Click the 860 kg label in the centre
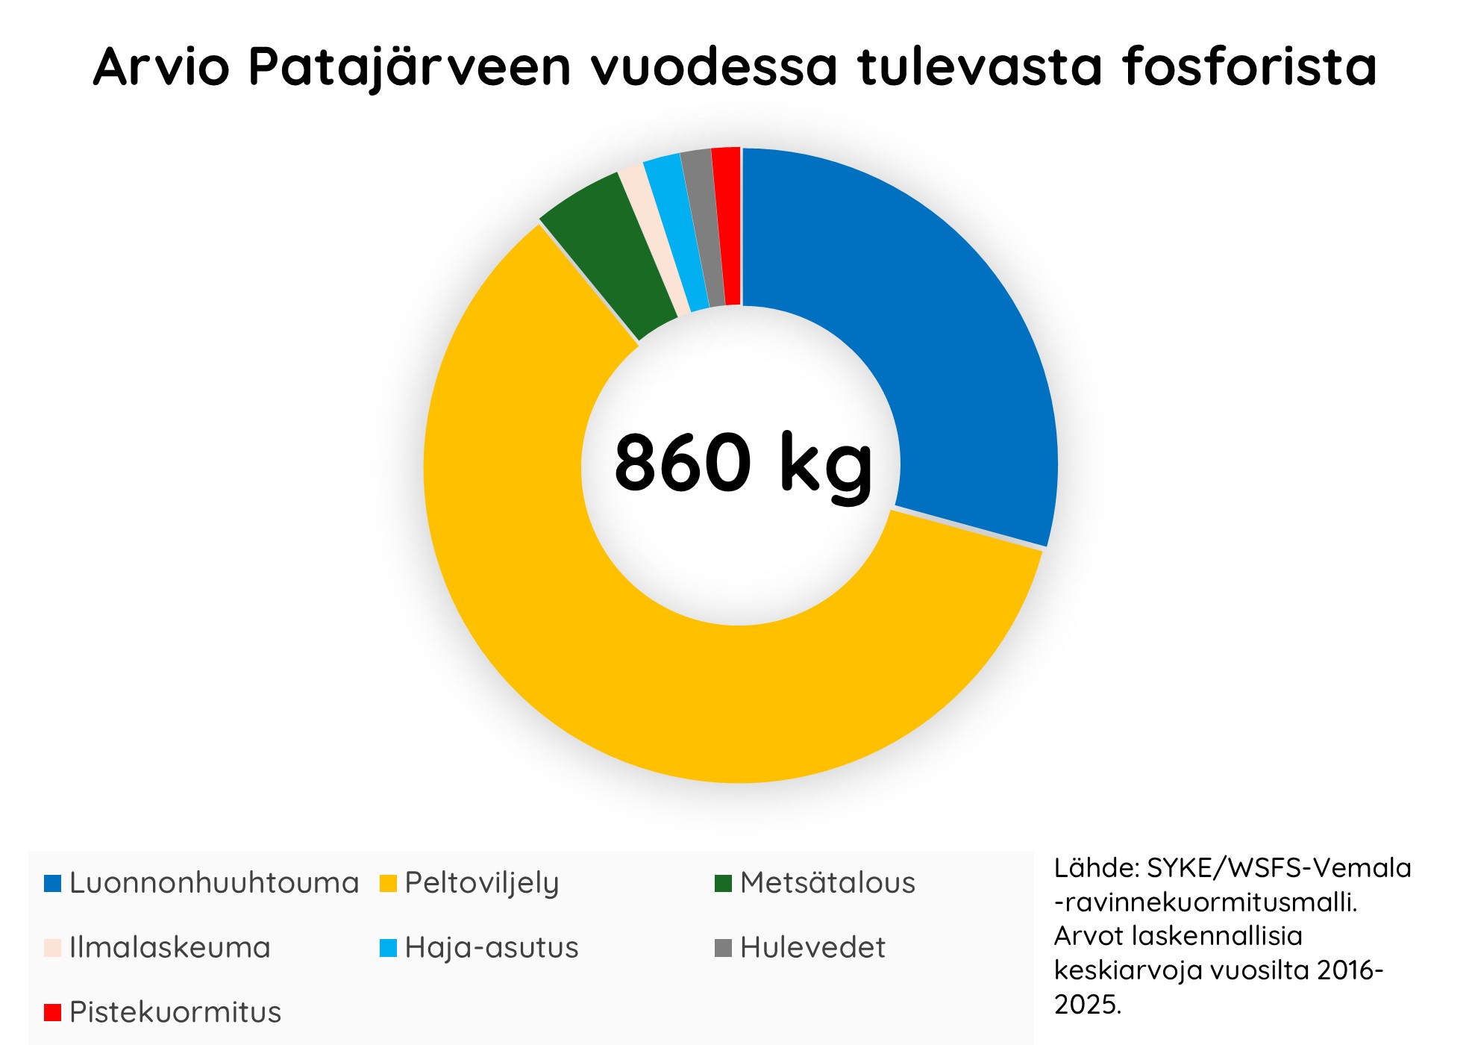pyautogui.click(x=742, y=463)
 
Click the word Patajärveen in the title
pyautogui.click(x=410, y=67)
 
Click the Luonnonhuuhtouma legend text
pyautogui.click(x=214, y=883)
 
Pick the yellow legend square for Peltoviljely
pyautogui.click(x=388, y=884)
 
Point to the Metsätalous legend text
pyautogui.click(x=827, y=883)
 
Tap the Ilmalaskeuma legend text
pyautogui.click(x=169, y=948)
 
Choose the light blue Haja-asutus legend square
pyautogui.click(x=388, y=948)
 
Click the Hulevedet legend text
pyautogui.click(x=812, y=948)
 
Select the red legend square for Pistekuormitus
pyautogui.click(x=52, y=1013)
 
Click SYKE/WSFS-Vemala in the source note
pyautogui.click(x=1279, y=868)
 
